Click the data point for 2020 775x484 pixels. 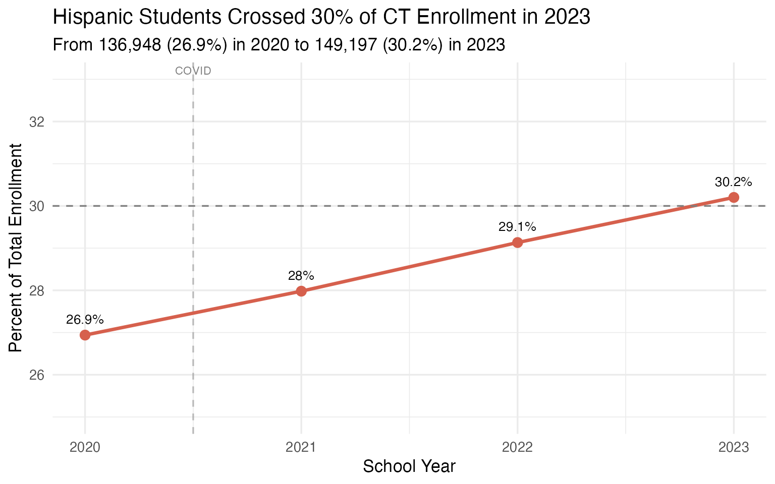(x=85, y=335)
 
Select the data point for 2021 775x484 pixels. (x=301, y=291)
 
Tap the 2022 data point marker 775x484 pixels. (x=517, y=243)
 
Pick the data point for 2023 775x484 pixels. (x=734, y=197)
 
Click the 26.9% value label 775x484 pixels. (x=85, y=320)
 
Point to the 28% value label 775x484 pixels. (x=301, y=276)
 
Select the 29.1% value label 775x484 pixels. (x=517, y=227)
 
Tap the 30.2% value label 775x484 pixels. (x=734, y=182)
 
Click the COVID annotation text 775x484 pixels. (x=193, y=71)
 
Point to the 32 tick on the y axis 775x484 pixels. (x=37, y=122)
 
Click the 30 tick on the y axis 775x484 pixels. (x=37, y=206)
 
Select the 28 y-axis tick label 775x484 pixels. (x=37, y=291)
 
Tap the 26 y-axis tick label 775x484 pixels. (x=37, y=375)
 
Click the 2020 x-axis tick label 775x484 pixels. (x=85, y=447)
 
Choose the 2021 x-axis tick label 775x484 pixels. (x=301, y=447)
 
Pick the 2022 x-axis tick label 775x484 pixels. (x=517, y=447)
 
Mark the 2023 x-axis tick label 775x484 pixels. (x=734, y=447)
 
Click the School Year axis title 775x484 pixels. (x=409, y=466)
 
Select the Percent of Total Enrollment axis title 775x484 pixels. (x=16, y=248)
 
